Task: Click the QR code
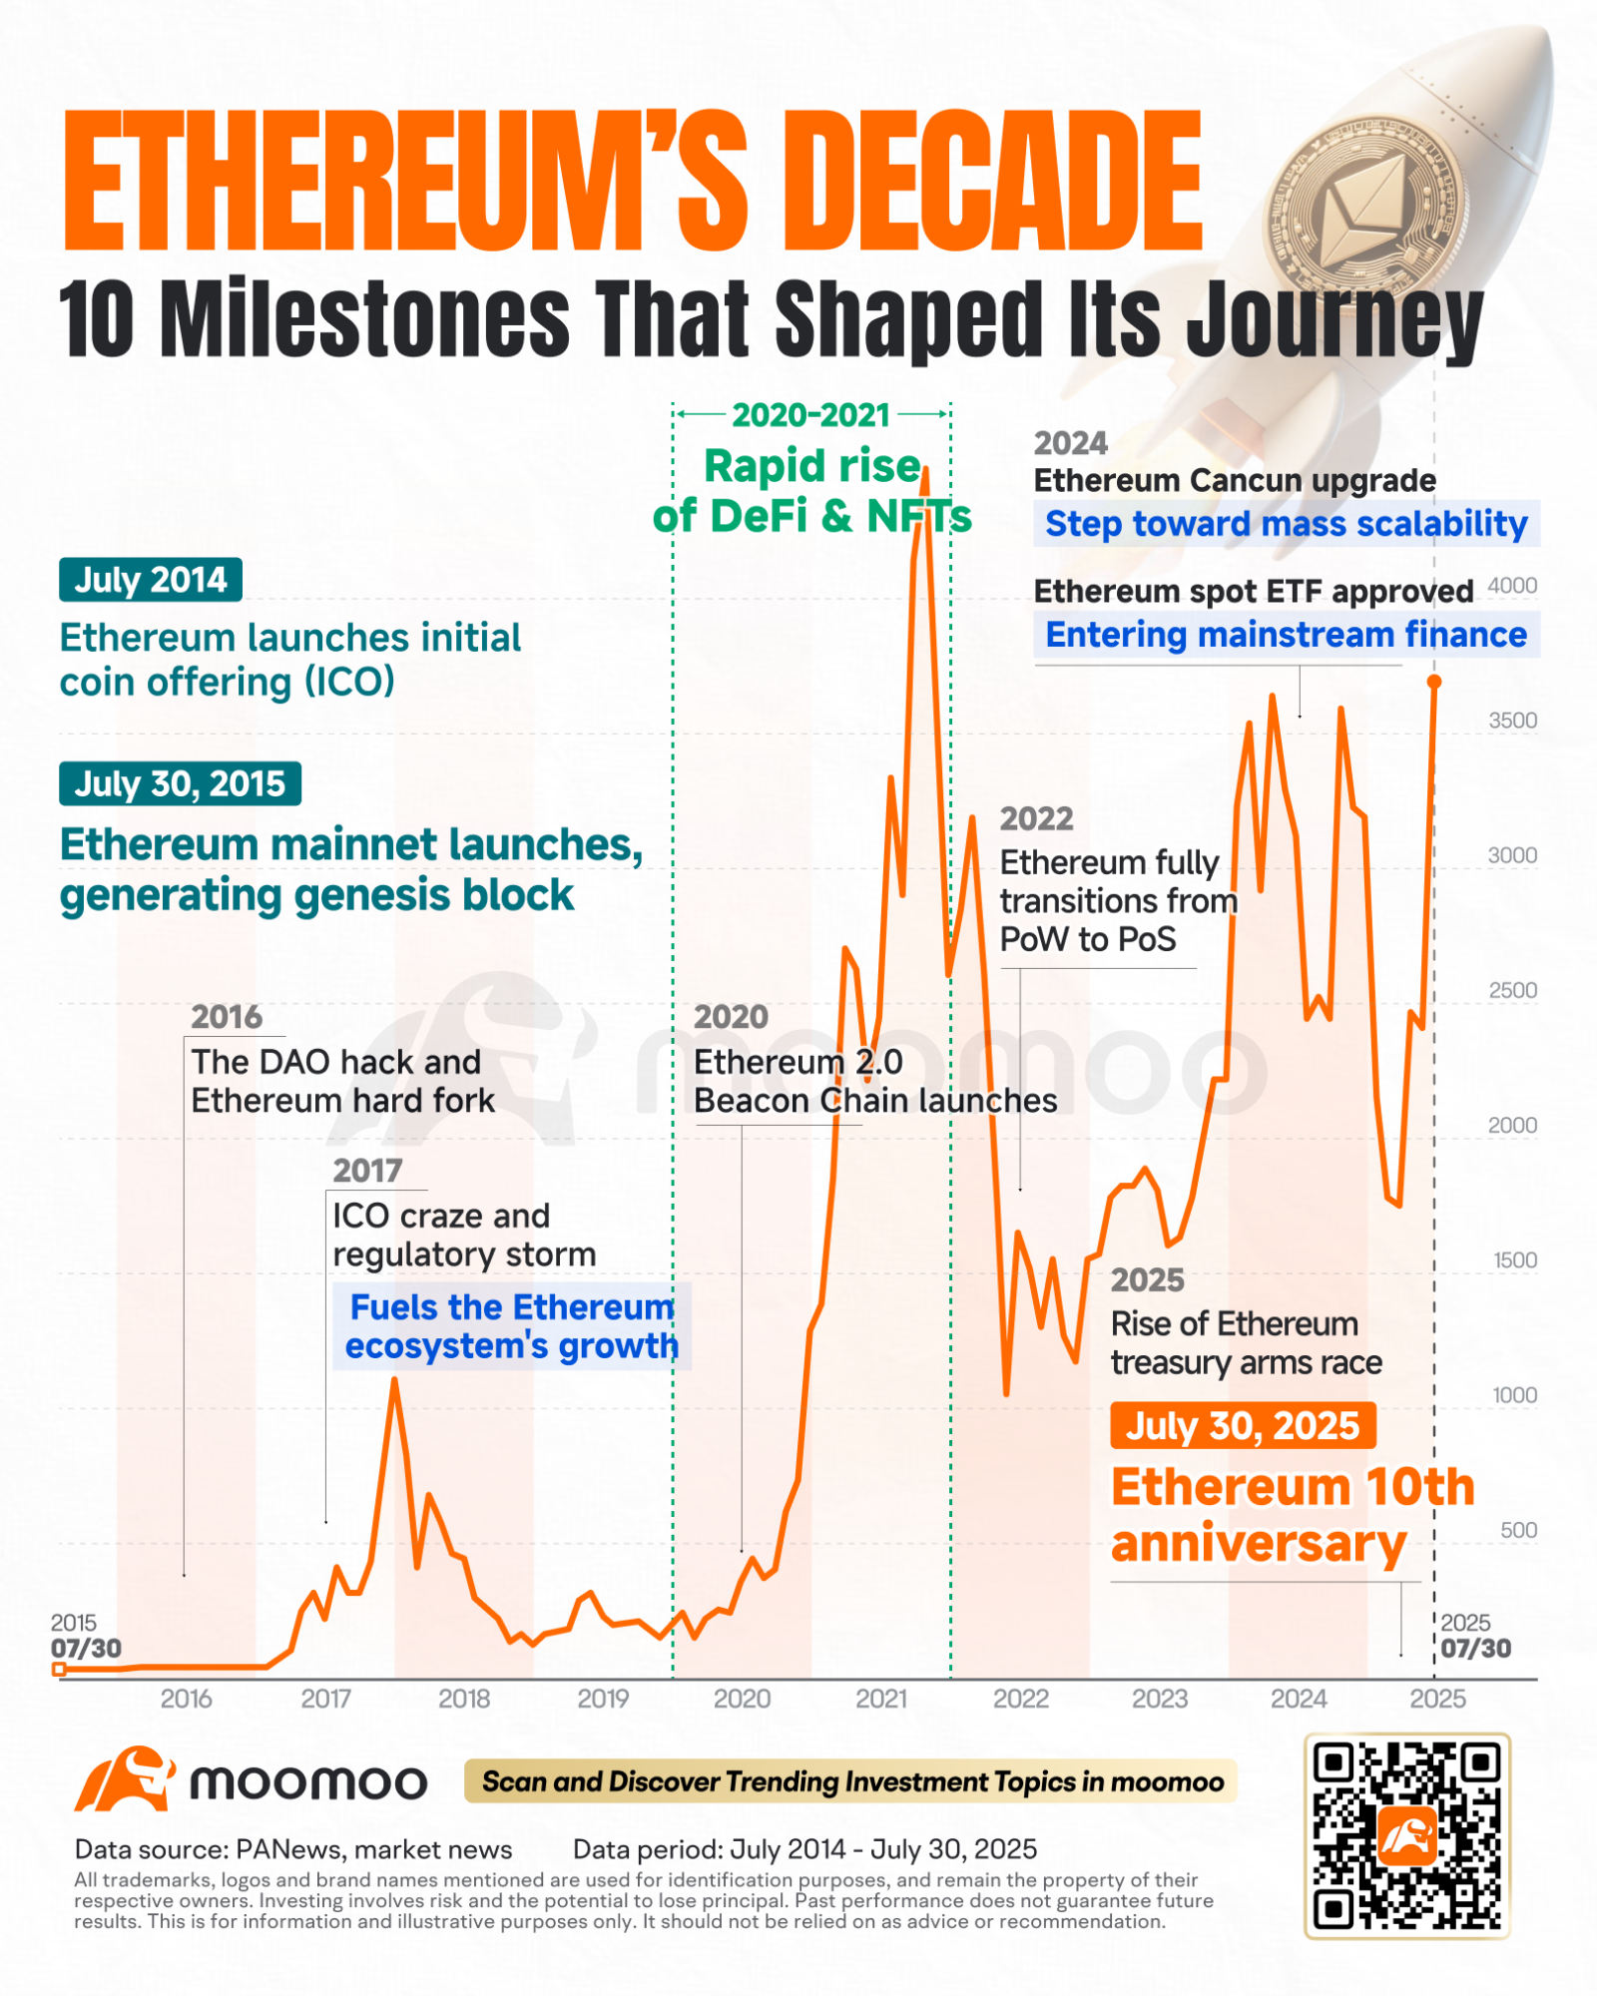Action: (1407, 1836)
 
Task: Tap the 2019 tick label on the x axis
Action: (603, 1699)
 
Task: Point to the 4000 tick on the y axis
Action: (1512, 586)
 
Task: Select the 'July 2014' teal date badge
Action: (151, 580)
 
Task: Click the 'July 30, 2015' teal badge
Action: (180, 784)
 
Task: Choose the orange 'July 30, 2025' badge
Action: (1243, 1426)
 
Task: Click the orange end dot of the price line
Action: (1434, 682)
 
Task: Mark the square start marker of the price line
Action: (59, 1669)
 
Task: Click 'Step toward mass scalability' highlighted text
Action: (1286, 524)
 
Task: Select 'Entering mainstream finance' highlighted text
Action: (1286, 635)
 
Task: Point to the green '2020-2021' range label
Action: (810, 415)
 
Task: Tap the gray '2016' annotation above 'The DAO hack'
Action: (227, 1017)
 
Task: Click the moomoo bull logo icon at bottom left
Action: (125, 1779)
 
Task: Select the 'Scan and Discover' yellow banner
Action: (850, 1781)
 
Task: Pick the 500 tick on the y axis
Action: (1518, 1530)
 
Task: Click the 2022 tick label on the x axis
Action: (1020, 1699)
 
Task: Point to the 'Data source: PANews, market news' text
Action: (293, 1849)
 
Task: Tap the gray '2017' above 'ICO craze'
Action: (367, 1171)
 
